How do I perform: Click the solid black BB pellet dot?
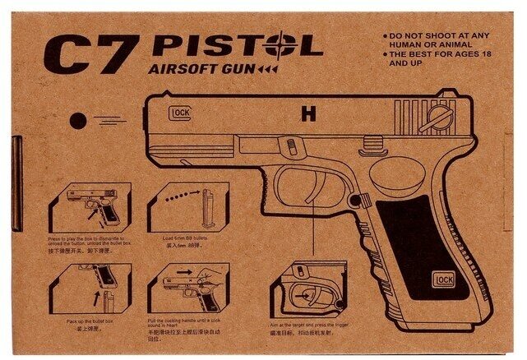76,120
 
